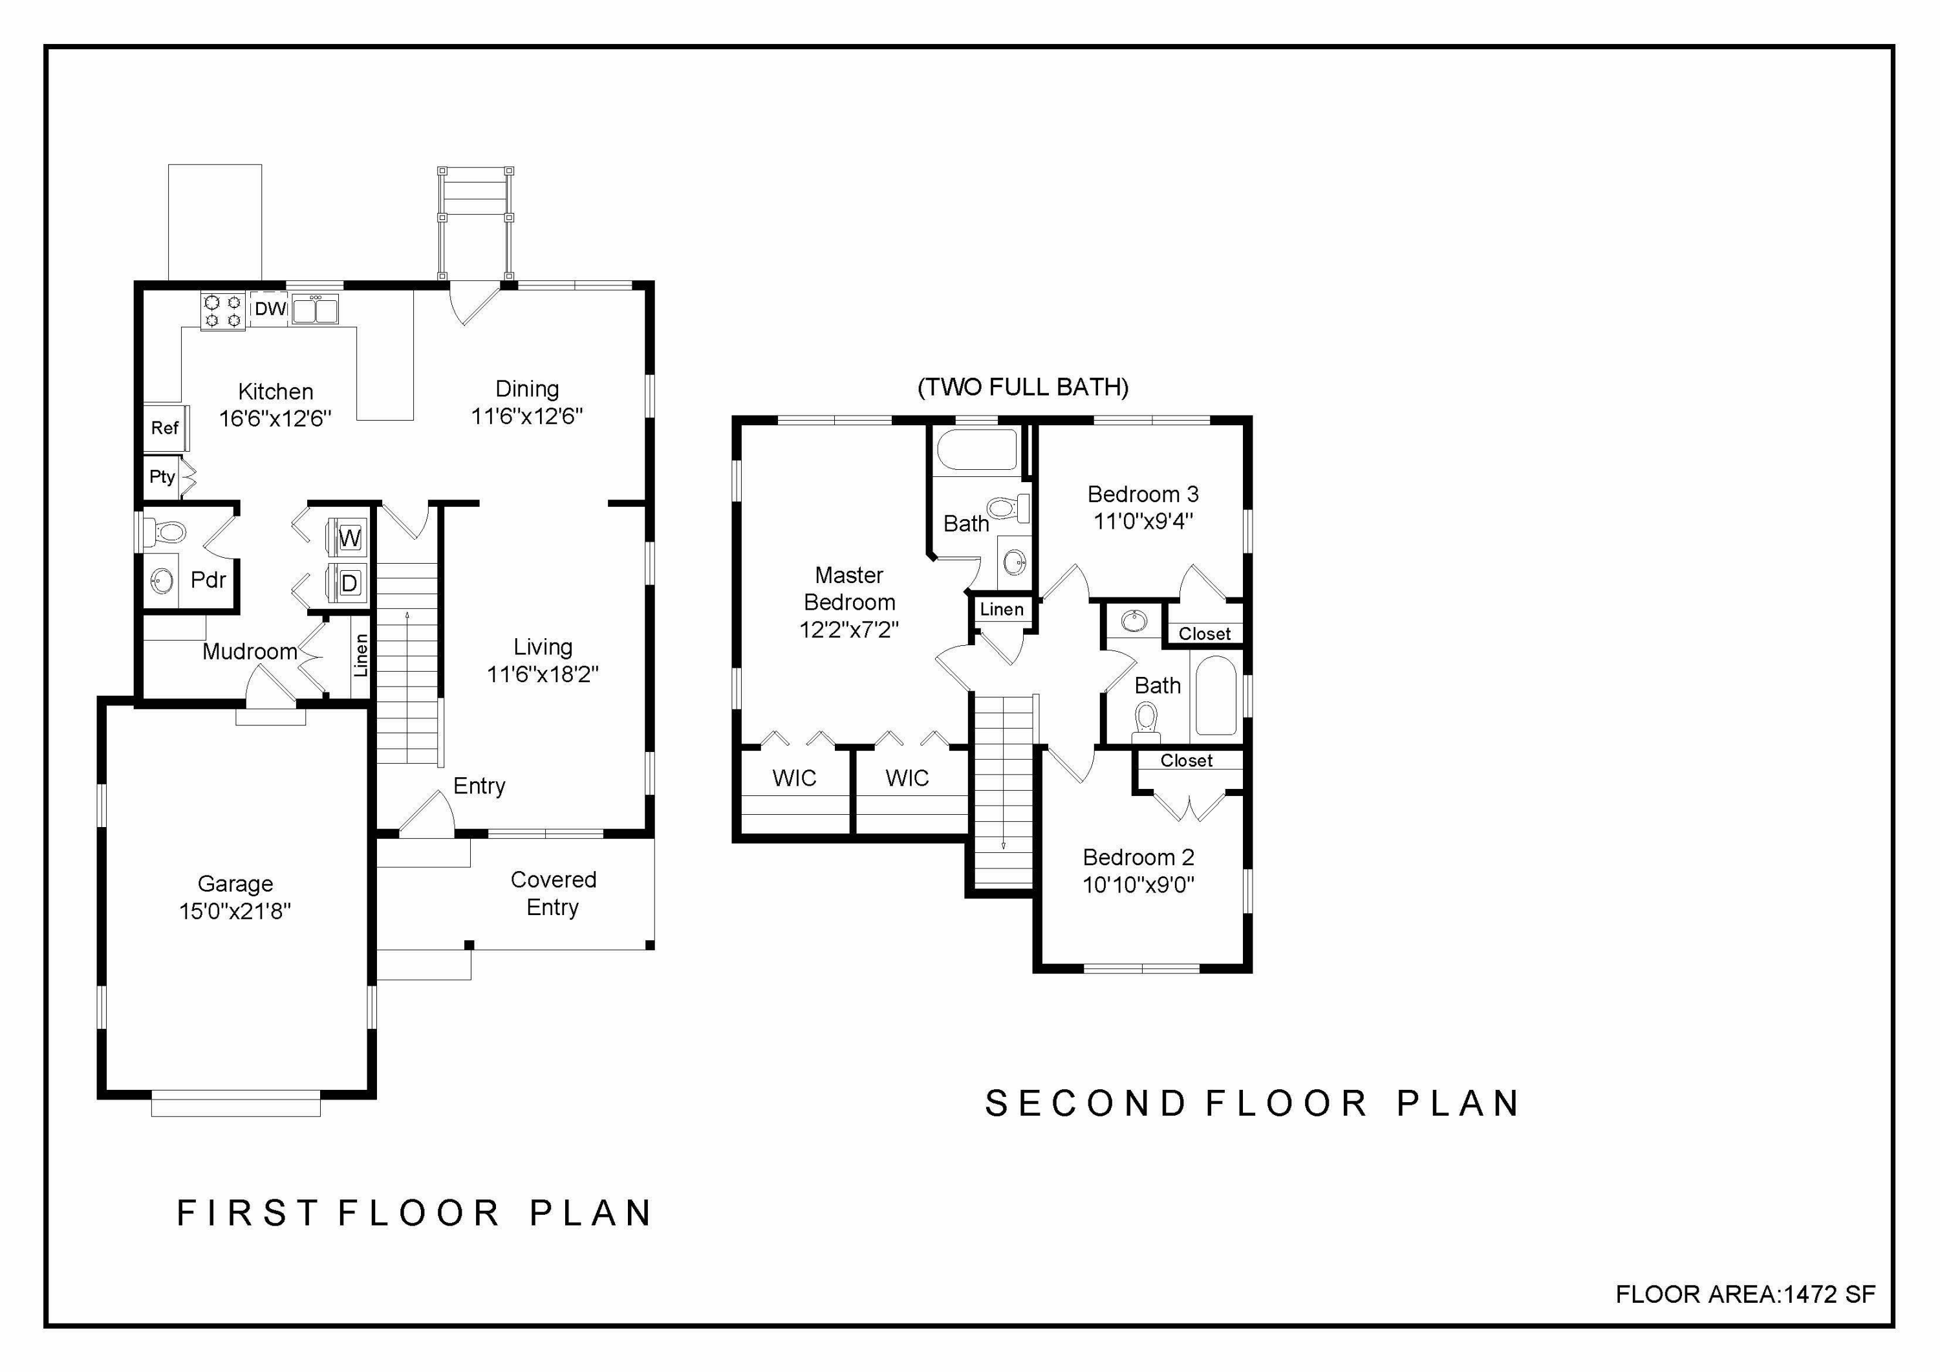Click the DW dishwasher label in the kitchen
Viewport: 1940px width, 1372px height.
coord(270,309)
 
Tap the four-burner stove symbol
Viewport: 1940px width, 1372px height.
coord(223,310)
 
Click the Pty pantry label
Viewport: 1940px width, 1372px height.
coord(162,477)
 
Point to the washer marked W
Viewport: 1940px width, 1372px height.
coord(349,538)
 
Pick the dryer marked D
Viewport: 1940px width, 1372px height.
coord(349,582)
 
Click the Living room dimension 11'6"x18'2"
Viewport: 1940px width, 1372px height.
coord(543,674)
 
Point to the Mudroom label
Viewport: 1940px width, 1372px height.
coord(249,652)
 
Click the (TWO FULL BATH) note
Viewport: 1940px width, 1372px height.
coord(1022,387)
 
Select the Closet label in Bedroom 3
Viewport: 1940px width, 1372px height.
coord(1204,634)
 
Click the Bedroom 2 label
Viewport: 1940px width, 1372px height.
coord(1138,857)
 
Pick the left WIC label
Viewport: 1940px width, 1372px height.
coord(793,778)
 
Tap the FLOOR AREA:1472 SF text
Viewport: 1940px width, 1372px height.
coord(1745,1294)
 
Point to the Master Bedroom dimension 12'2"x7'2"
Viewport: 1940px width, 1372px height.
coord(848,630)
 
